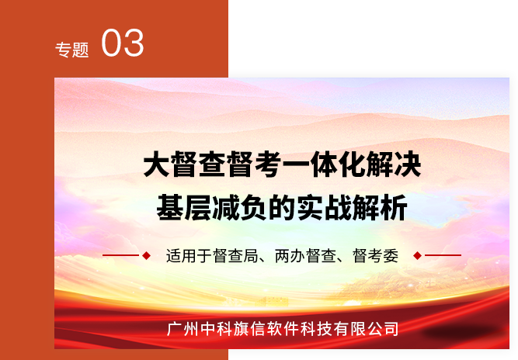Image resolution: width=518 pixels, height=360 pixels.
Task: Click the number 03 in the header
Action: click(x=123, y=43)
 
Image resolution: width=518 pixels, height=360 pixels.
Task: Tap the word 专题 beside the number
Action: click(x=72, y=50)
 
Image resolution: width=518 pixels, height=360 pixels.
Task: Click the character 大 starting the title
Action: click(x=157, y=164)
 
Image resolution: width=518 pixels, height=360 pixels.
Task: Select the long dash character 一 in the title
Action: click(x=297, y=164)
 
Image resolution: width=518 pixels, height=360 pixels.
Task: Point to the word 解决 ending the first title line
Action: click(x=393, y=164)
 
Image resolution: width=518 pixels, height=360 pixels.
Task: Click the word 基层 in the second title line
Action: click(x=184, y=208)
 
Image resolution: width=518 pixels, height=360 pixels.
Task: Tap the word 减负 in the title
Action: click(x=239, y=208)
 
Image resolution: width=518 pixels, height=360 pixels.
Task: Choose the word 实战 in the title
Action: click(x=324, y=208)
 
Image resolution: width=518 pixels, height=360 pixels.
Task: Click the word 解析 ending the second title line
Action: click(x=380, y=208)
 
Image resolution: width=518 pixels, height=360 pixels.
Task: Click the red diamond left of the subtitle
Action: click(x=146, y=255)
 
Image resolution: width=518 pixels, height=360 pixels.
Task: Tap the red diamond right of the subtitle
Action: click(x=418, y=255)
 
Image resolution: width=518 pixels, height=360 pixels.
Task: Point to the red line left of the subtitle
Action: click(x=121, y=255)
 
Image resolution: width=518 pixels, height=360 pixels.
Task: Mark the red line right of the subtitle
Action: click(x=443, y=255)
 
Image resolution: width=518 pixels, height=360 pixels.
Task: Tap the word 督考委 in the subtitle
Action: click(x=376, y=256)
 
